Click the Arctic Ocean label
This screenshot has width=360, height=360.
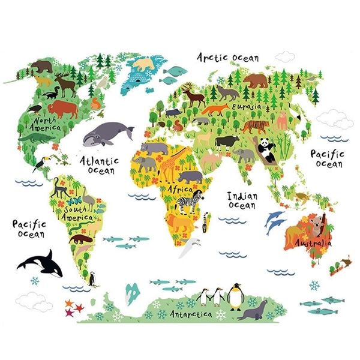tap(229, 58)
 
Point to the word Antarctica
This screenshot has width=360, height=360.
tap(190, 314)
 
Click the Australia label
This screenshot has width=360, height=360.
tap(312, 244)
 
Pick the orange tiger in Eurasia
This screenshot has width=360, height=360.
tap(255, 127)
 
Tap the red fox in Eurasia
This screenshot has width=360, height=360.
tap(214, 110)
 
